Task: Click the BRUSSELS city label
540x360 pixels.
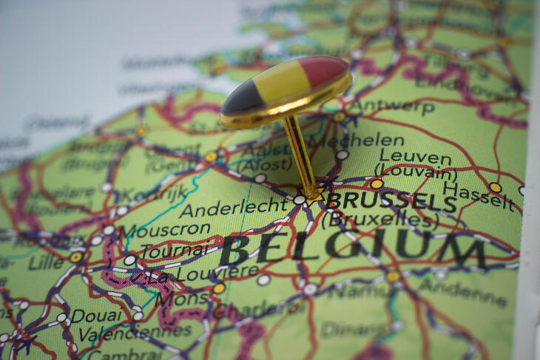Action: pos(391,201)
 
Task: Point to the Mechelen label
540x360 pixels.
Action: pos(357,140)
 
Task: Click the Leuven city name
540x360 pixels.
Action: pos(414,157)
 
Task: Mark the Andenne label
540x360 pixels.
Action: pos(464,293)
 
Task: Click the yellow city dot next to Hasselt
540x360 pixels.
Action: pos(495,188)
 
